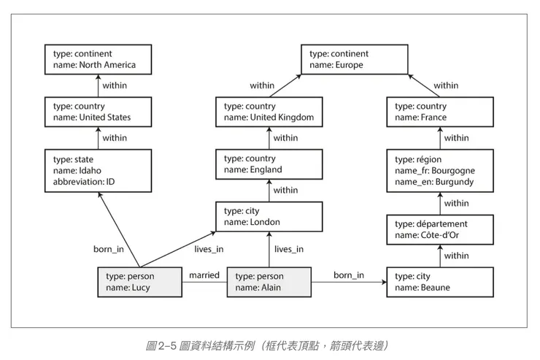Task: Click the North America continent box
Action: coord(98,59)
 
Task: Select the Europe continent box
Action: coord(354,59)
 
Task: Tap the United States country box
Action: coord(98,112)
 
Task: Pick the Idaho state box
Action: coord(98,170)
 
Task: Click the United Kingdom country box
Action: coord(269,112)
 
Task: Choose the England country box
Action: coord(269,164)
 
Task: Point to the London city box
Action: coord(269,216)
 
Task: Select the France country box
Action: coord(440,112)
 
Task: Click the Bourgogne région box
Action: coord(440,170)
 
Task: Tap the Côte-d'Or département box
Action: coord(440,229)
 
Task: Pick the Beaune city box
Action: coord(440,282)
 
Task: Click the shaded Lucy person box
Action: coord(139,282)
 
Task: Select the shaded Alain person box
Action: coord(269,282)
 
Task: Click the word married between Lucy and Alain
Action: coord(204,275)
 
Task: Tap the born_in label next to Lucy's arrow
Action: coord(108,249)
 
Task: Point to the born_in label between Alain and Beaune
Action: coord(349,275)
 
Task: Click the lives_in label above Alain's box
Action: coord(289,249)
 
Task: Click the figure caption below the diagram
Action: coord(270,343)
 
